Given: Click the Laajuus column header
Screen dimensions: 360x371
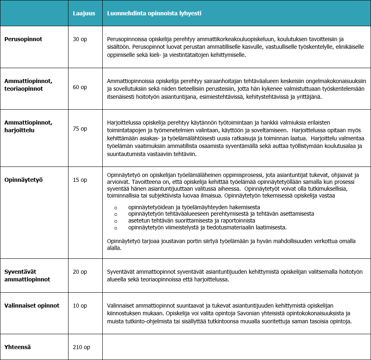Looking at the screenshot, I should point(84,13).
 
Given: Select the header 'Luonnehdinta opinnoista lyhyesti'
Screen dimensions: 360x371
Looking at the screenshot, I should point(154,13).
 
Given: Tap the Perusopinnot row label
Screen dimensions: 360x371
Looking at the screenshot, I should point(23,39).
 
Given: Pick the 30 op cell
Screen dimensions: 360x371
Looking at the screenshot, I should point(80,39).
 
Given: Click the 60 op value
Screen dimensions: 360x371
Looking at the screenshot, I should point(80,87).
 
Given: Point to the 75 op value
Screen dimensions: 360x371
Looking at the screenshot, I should point(80,129).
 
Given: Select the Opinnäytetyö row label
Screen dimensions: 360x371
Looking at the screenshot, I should point(24,180).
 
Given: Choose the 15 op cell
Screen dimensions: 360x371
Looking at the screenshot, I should point(80,180).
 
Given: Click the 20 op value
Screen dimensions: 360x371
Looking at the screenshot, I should point(80,272).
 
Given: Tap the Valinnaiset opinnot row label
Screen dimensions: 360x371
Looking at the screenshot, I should point(32,306).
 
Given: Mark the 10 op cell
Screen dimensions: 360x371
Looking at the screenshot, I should point(80,306).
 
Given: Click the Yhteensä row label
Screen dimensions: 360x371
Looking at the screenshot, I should point(18,347).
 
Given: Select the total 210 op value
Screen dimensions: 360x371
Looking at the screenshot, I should point(81,347).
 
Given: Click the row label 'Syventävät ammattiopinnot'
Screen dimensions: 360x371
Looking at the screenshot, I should point(27,275).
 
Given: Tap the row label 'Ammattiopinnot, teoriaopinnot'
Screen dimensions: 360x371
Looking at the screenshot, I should point(28,84).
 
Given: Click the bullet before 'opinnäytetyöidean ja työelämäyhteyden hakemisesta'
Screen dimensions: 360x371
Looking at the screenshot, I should point(116,207).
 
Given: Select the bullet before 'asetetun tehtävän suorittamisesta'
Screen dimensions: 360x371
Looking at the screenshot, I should point(116,221).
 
